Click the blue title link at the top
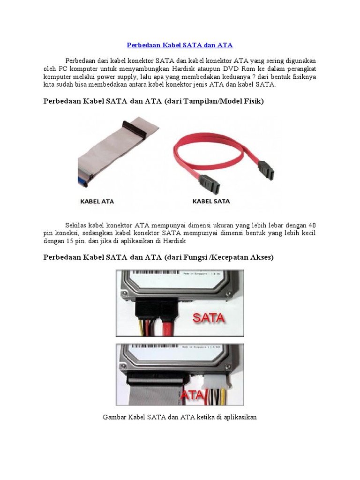pyautogui.click(x=180, y=45)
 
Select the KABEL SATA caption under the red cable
pyautogui.click(x=211, y=202)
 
